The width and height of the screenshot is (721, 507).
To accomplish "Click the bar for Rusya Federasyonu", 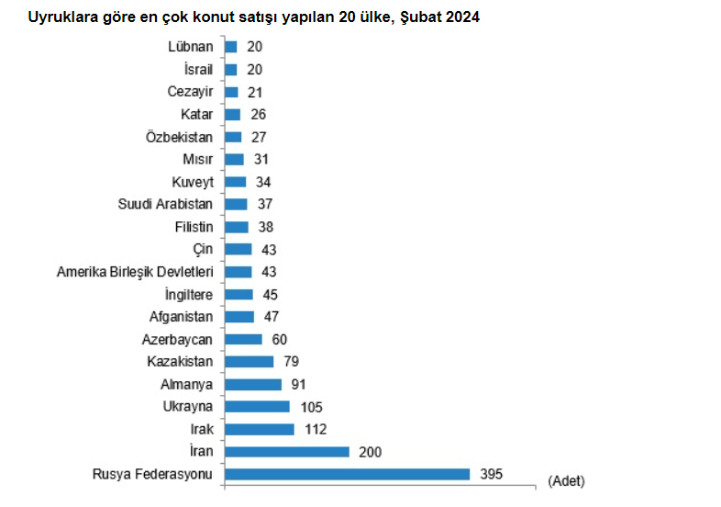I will [x=347, y=474].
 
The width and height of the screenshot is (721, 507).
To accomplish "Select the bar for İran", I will [x=286, y=452].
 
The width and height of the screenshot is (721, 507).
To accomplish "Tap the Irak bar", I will [x=259, y=429].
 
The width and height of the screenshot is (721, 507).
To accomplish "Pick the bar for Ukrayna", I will [x=256, y=407].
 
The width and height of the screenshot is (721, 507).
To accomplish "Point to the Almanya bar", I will [x=252, y=384].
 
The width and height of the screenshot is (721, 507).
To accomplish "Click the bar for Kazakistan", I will [x=249, y=362].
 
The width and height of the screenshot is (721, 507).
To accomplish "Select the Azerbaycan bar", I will [x=243, y=339].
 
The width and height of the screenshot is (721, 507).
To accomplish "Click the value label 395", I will [x=491, y=474].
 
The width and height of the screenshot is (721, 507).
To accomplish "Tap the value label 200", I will [x=370, y=452].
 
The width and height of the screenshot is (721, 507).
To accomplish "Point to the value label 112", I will [x=315, y=429].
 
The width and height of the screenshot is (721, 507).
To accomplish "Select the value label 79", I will [x=291, y=362].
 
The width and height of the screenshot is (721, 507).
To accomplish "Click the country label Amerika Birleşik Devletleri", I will [x=135, y=272].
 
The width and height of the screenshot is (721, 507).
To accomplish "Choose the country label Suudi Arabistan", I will [x=166, y=204].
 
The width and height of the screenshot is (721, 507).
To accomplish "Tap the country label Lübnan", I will [x=192, y=47].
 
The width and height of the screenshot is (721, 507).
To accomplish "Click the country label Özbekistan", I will [x=180, y=137].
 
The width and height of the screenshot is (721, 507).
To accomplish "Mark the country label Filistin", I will [x=194, y=227].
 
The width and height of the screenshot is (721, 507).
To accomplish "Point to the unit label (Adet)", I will [x=565, y=480].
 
